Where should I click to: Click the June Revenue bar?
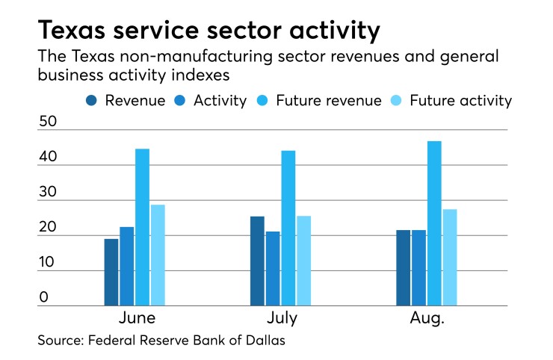pos(111,272)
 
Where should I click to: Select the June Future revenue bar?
pos(142,227)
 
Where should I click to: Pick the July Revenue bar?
pos(257,261)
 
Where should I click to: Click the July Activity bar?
pos(273,268)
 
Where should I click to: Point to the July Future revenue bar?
pos(288,228)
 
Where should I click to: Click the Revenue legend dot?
pos(91,101)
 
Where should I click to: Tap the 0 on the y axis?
pos(43,297)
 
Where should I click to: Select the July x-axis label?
pos(281,317)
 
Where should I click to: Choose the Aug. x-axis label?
pos(427,317)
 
